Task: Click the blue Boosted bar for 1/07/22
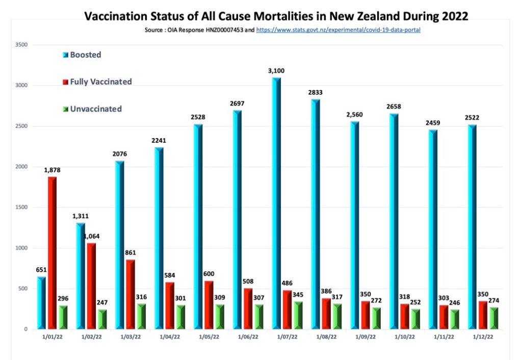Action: pos(276,204)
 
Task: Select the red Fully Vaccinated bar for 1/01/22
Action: pos(53,252)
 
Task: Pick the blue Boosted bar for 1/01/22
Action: pos(41,303)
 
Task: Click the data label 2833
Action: pos(315,92)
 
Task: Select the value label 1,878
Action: pos(53,170)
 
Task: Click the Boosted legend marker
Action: pos(65,55)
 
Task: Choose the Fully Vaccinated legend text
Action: pos(101,82)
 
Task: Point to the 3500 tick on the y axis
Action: pos(21,45)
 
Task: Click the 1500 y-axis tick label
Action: pos(21,208)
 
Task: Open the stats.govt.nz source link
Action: pos(338,30)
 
